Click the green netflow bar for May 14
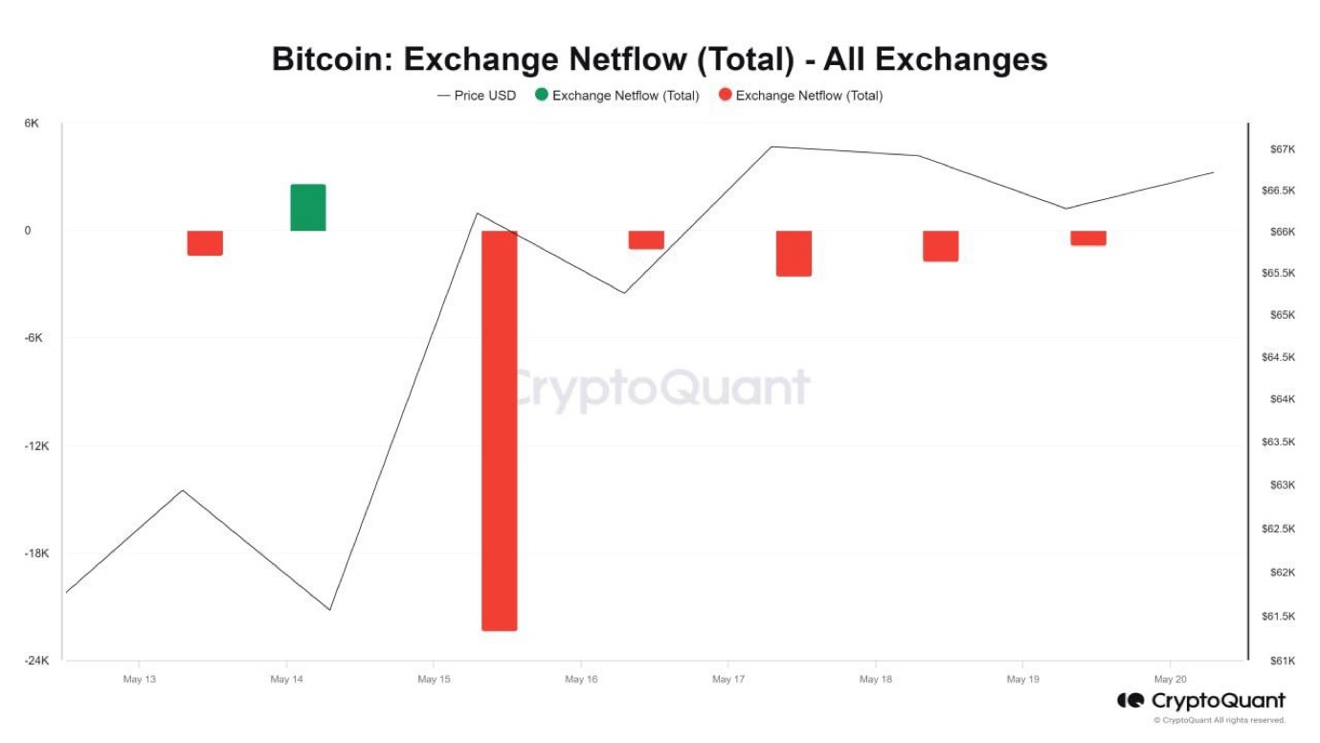[308, 208]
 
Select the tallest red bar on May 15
[500, 430]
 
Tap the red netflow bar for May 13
[205, 243]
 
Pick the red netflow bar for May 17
[794, 254]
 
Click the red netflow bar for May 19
[1088, 238]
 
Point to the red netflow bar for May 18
[941, 246]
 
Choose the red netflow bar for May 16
[646, 240]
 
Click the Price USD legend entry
[477, 96]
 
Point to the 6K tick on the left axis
[33, 124]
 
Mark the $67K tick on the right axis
[1282, 149]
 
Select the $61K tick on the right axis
[1282, 661]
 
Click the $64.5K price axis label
[1279, 357]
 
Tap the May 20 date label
[1171, 679]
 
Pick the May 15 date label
[434, 679]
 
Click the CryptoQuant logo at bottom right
[1202, 702]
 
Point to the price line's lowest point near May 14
[330, 610]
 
